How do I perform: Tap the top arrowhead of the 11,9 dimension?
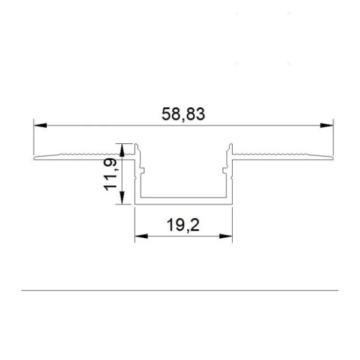[x=123, y=148]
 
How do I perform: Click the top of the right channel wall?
[x=229, y=145]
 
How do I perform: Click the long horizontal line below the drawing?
[x=180, y=291]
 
